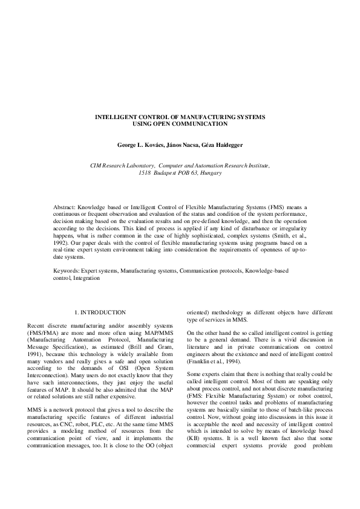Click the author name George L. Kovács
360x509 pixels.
point(140,146)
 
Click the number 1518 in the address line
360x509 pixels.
point(145,172)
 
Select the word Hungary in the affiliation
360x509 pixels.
point(209,172)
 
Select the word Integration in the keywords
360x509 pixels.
point(87,280)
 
